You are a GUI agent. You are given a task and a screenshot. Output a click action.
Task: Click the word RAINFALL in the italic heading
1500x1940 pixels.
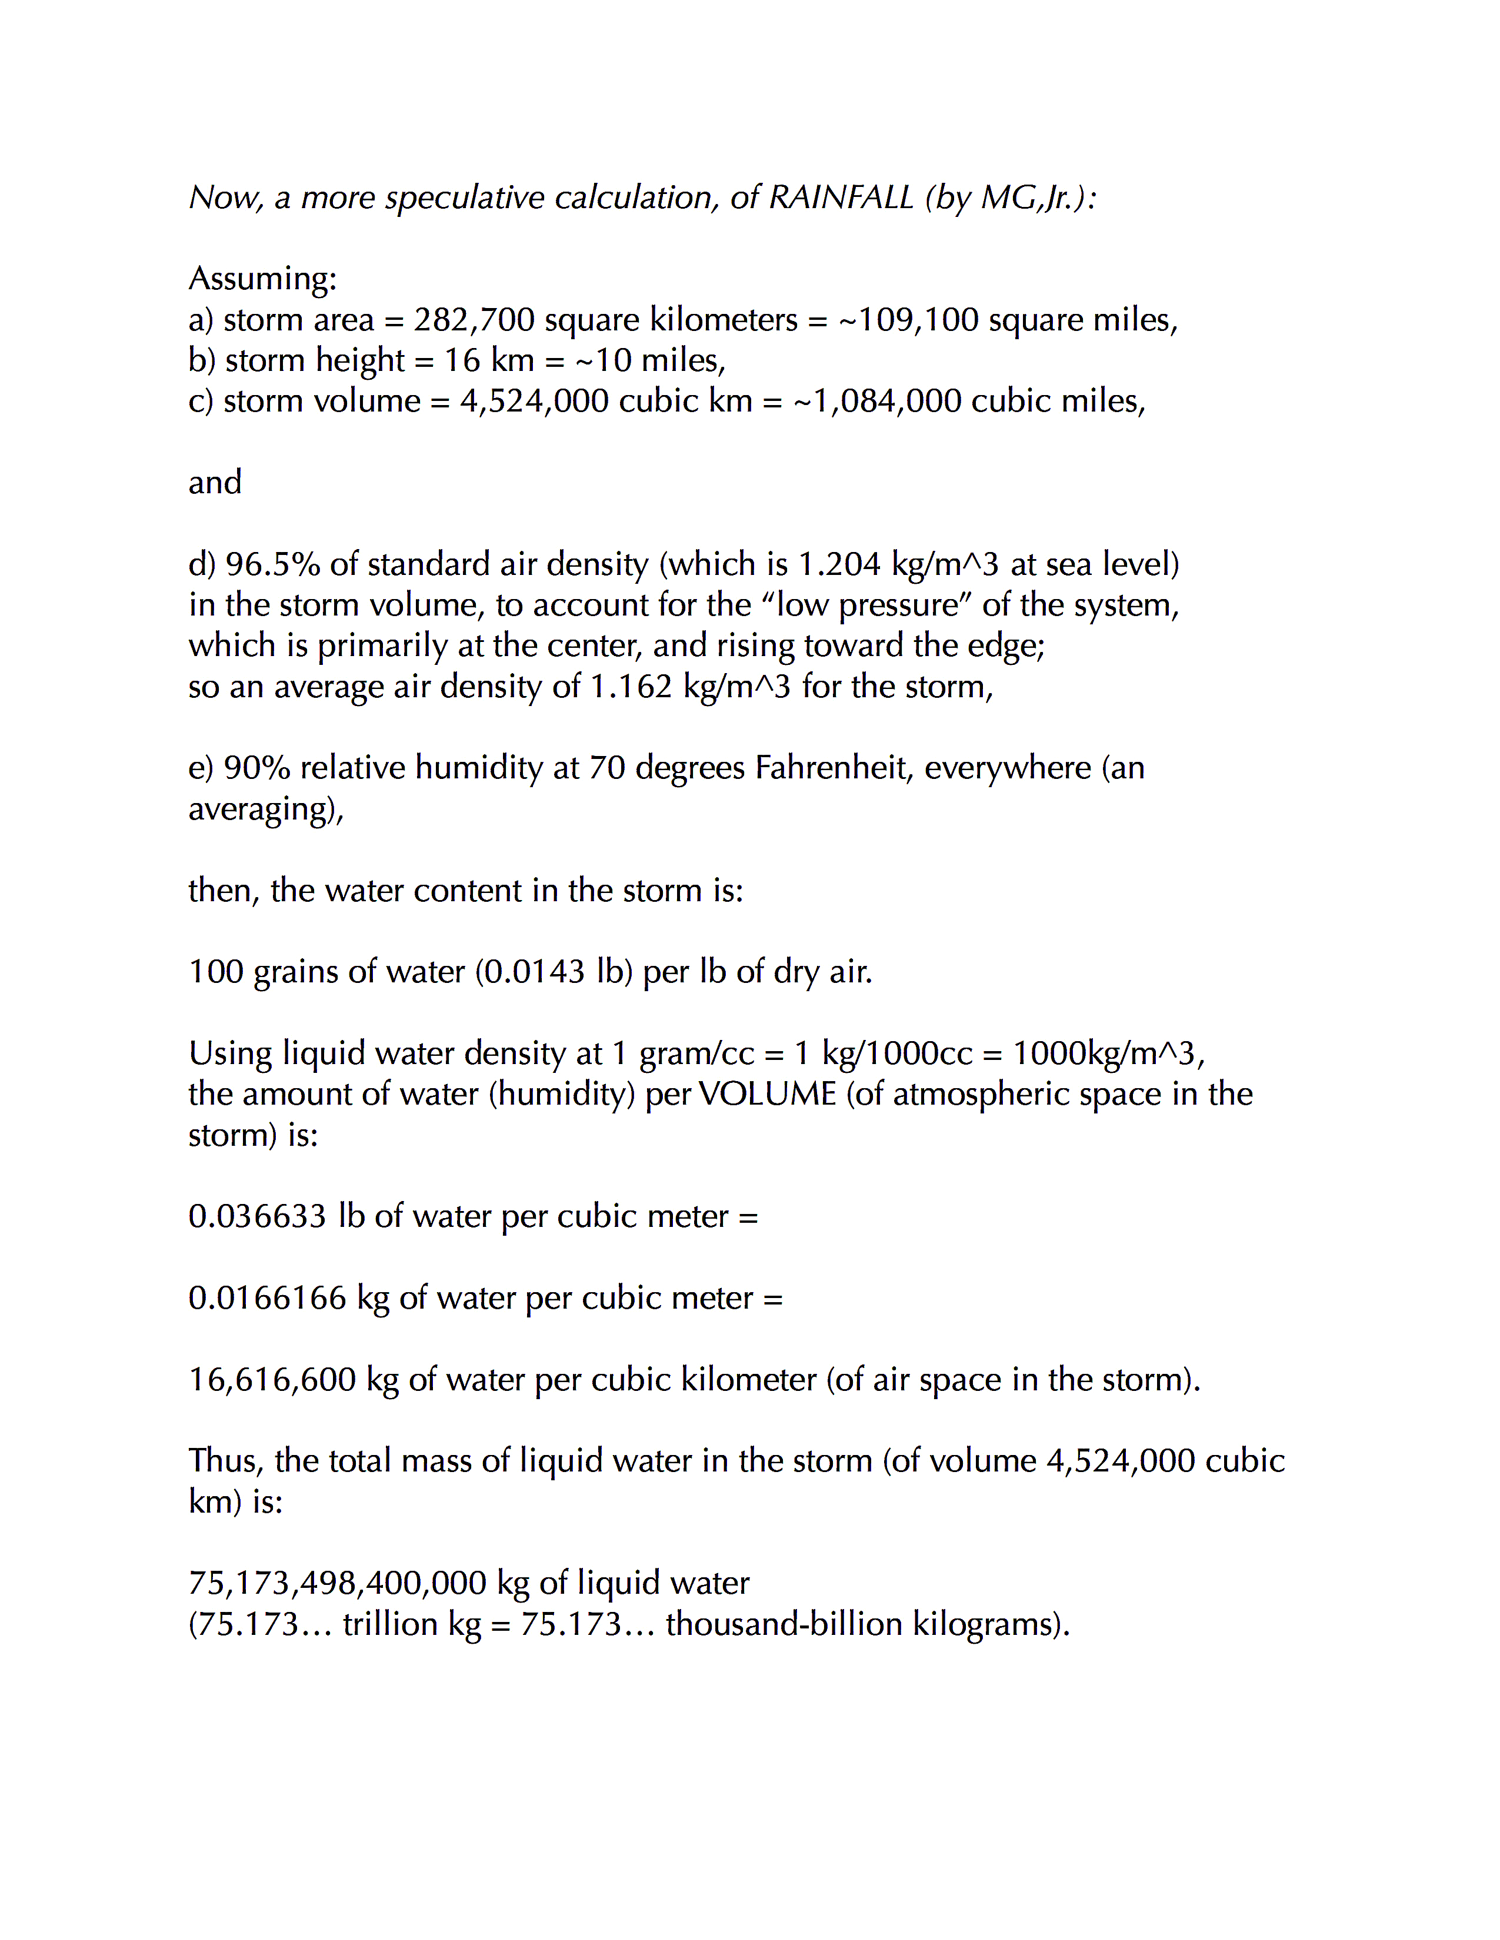[x=840, y=197]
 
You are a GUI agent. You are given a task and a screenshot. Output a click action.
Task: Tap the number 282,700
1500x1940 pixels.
[x=474, y=320]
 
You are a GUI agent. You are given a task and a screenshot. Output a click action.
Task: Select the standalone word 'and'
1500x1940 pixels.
[x=214, y=482]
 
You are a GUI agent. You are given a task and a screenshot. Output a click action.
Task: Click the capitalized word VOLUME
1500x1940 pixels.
[x=767, y=1095]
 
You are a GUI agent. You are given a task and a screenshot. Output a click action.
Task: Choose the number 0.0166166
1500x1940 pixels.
[x=266, y=1298]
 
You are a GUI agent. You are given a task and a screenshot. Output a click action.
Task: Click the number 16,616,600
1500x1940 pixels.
[x=272, y=1380]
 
